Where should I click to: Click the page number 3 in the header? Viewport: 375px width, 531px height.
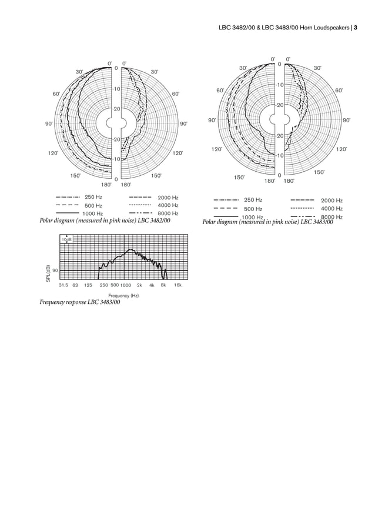[356, 28]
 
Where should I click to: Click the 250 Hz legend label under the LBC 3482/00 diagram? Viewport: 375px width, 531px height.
[93, 197]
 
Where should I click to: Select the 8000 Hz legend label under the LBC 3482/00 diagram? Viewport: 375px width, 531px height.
[168, 213]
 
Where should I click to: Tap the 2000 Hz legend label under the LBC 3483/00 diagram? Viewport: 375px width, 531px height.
[332, 201]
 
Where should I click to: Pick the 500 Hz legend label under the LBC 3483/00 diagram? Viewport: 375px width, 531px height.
[253, 209]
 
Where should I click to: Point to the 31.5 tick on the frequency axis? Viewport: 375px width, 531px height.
[63, 285]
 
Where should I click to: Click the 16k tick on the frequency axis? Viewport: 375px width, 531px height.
[178, 285]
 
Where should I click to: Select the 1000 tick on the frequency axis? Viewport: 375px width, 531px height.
[126, 285]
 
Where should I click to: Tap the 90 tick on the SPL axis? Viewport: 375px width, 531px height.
[55, 270]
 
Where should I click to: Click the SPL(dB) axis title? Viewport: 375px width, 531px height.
[48, 273]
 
